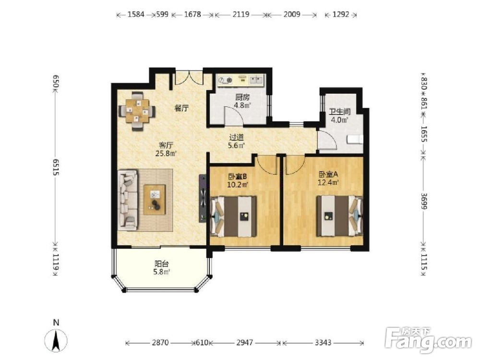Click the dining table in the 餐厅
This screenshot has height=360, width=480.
point(137,111)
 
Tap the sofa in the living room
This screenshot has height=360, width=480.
point(127,200)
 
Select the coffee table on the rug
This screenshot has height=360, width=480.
point(155,200)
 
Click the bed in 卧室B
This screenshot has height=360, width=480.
point(233,216)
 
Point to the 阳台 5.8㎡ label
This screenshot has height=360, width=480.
point(162,267)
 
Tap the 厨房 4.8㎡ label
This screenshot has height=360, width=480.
point(242,101)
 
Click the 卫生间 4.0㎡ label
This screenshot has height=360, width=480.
point(339,115)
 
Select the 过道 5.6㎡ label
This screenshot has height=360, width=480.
point(236,141)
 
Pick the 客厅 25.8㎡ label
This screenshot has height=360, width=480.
point(166,149)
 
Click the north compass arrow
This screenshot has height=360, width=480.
point(56,340)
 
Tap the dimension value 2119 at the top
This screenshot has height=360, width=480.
point(240,14)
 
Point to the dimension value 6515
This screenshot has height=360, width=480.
point(56,167)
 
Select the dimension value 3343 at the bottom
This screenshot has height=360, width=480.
point(323,342)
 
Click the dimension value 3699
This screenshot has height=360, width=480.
point(424,201)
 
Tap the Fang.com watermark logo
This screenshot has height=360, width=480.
point(428,340)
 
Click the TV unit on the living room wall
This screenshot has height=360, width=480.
point(203,198)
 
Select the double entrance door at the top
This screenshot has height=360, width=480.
point(189,78)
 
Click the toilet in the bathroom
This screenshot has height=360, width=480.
point(355,139)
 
